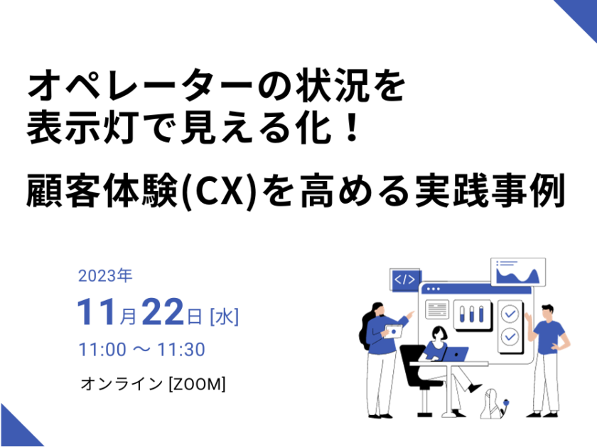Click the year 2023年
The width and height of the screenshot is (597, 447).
105,275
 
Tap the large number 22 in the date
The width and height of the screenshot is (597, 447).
163,312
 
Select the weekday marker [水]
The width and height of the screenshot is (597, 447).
225,316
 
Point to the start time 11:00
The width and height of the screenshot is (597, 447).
102,349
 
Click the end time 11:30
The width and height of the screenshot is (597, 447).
181,349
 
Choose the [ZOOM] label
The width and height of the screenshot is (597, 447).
197,384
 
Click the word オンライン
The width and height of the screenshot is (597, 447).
122,384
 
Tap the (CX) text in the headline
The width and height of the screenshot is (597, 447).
218,191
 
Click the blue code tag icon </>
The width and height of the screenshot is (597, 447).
404,280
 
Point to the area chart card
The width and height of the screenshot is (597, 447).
518,272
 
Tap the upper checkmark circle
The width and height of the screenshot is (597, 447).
510,314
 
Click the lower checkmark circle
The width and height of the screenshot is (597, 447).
510,336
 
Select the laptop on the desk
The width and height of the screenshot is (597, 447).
454,354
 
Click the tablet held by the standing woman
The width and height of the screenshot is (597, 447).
393,331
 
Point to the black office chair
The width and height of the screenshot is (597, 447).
418,376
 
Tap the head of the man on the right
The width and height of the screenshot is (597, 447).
547,312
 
